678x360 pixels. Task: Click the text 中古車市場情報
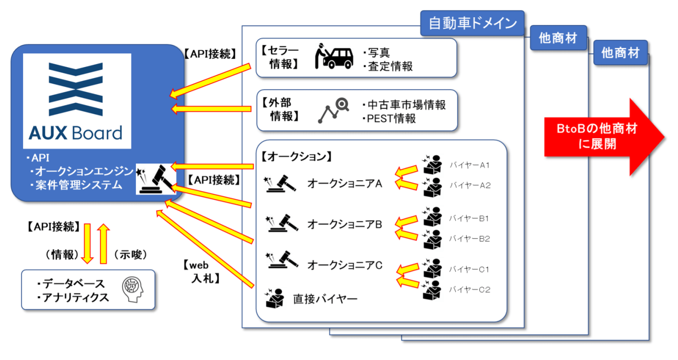click(406, 106)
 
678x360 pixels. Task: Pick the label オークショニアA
click(345, 183)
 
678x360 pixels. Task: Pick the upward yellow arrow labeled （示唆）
click(103, 243)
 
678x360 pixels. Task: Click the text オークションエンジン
click(84, 172)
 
